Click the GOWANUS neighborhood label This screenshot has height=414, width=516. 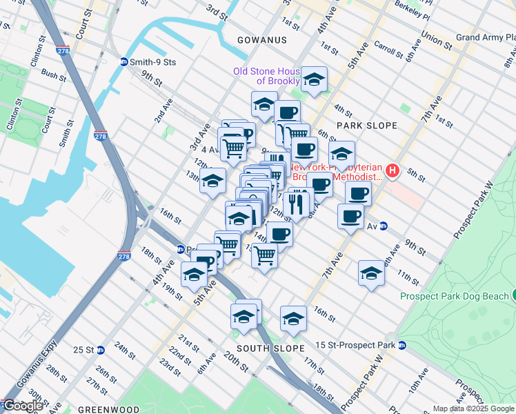click(x=261, y=40)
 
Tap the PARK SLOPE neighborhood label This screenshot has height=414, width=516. click(x=367, y=125)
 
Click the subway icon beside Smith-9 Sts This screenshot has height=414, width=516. click(x=124, y=62)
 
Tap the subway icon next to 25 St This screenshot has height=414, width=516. click(x=101, y=349)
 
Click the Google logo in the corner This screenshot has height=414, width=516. click(x=23, y=406)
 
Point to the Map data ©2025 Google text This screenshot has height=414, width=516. click(x=473, y=408)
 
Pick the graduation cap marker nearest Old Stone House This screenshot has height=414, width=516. click(x=315, y=80)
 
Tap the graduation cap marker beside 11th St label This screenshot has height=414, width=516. click(x=371, y=273)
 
